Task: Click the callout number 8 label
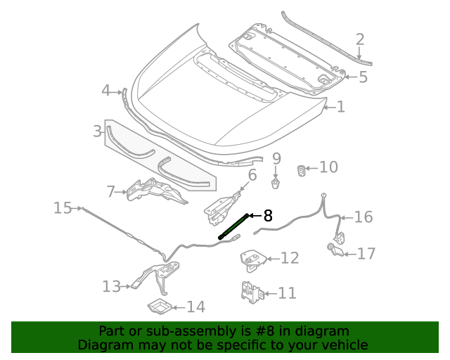(268, 216)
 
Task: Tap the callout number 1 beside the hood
(341, 107)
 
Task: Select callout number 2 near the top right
(359, 40)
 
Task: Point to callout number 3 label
(98, 131)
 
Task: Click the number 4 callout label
(105, 90)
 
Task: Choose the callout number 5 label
(363, 77)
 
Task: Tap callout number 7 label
(110, 191)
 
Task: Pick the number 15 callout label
(63, 208)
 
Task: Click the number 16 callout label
(363, 217)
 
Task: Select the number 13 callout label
(111, 286)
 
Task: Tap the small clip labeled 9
(276, 184)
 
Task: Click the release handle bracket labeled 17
(337, 248)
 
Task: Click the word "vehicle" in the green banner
(342, 345)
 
